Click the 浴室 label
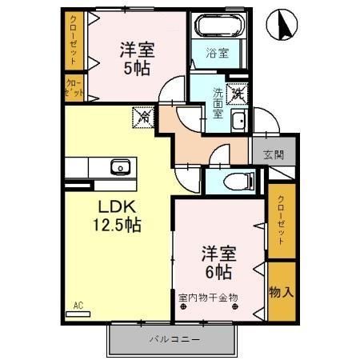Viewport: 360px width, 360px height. click(x=218, y=54)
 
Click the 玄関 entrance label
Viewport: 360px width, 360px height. click(x=274, y=154)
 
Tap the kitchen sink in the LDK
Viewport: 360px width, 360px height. click(x=121, y=167)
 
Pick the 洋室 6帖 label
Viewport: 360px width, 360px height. click(x=218, y=262)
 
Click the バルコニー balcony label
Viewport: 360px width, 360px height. click(x=174, y=339)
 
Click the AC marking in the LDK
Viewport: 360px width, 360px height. click(x=78, y=306)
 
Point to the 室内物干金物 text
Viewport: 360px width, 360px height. click(x=208, y=298)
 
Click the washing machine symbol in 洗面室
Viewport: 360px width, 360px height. click(x=238, y=94)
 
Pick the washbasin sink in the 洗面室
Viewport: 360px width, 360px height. click(x=238, y=121)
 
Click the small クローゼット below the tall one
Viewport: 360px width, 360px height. click(x=74, y=88)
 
